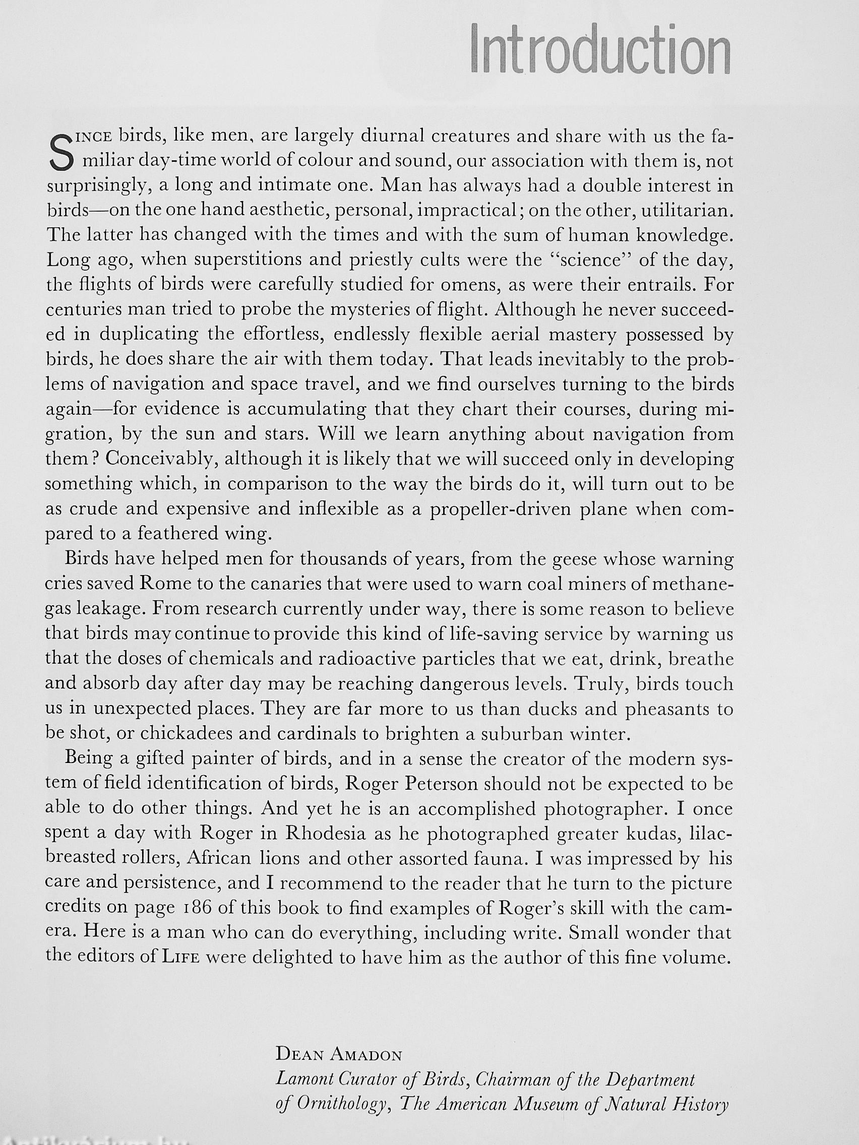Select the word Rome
click(165, 584)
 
